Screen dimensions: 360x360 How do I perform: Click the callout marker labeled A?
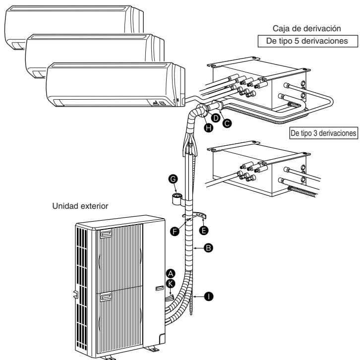pyautogui.click(x=171, y=273)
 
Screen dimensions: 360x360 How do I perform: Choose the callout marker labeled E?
pyautogui.click(x=203, y=230)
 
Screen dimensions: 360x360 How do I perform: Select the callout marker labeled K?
pyautogui.click(x=171, y=282)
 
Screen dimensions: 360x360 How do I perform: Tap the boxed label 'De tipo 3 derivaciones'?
pyautogui.click(x=323, y=133)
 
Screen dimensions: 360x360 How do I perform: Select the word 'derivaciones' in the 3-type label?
pyautogui.click(x=337, y=133)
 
